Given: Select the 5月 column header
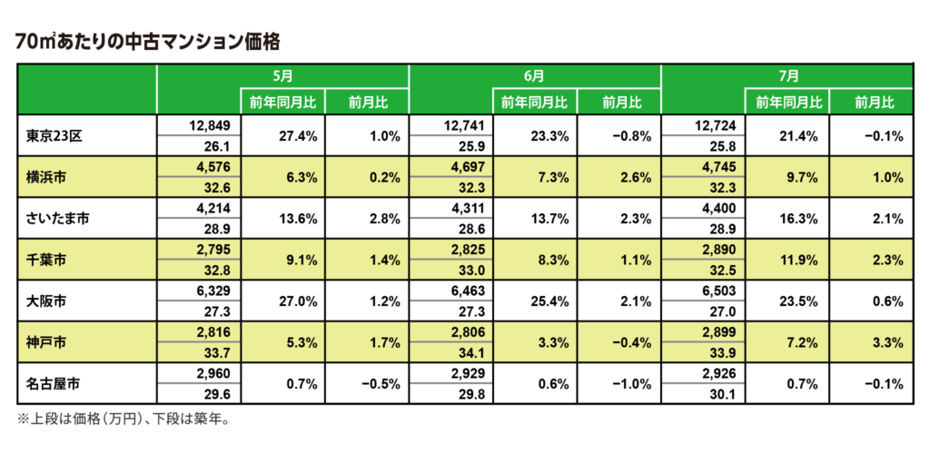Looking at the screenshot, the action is click(x=283, y=76).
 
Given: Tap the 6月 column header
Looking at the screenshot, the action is click(x=534, y=76).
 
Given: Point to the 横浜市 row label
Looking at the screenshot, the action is click(x=44, y=177).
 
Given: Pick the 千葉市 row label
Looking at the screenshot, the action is click(x=44, y=261).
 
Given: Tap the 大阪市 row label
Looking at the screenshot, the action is click(x=44, y=301).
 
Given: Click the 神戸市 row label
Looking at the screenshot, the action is click(x=44, y=343).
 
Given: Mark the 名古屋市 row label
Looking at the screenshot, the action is click(x=50, y=385).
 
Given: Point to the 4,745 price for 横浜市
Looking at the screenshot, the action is click(x=722, y=166).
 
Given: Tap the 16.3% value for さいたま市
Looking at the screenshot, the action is click(x=803, y=220).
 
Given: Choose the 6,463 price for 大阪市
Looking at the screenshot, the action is click(x=471, y=291).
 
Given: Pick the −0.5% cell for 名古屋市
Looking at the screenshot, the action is click(x=381, y=385).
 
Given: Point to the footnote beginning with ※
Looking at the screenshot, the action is click(x=123, y=419).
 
